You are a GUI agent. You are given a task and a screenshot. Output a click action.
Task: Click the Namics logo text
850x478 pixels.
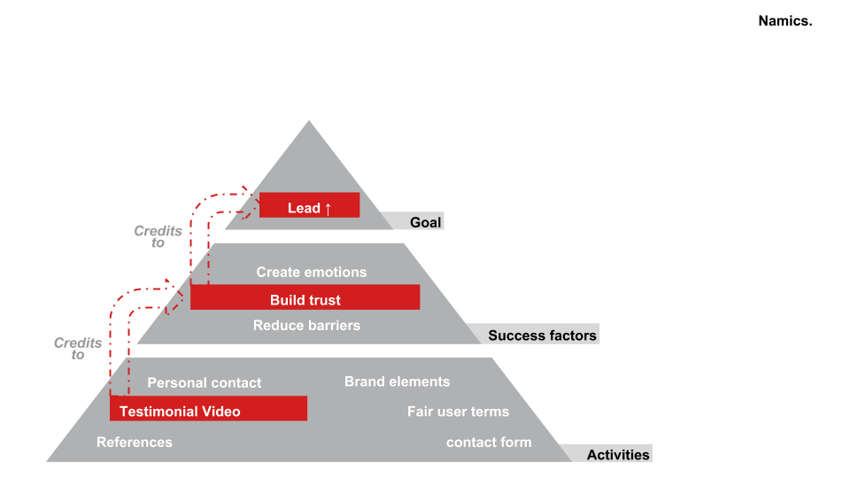click(785, 21)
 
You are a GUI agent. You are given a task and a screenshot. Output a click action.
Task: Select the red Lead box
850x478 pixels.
click(309, 205)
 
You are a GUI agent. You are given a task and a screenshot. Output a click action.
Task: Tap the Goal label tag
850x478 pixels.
click(425, 222)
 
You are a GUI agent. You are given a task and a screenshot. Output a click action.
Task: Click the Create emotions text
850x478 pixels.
click(311, 272)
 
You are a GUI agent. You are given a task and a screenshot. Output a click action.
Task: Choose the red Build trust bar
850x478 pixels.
click(305, 297)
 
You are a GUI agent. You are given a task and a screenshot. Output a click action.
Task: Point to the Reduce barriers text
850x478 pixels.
click(306, 325)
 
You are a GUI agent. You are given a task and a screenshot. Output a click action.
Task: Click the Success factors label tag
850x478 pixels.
click(542, 335)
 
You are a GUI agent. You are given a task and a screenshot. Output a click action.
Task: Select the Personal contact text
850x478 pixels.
click(204, 383)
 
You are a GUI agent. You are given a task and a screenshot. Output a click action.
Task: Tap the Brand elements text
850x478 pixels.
click(397, 382)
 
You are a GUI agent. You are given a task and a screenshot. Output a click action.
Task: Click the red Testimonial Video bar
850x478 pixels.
click(208, 409)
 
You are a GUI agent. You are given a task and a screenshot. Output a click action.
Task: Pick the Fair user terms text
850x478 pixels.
click(458, 412)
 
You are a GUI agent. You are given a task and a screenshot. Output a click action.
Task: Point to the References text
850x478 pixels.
click(135, 443)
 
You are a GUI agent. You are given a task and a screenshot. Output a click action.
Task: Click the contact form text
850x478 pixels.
click(489, 442)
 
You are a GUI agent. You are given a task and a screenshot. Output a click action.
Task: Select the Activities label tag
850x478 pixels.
click(618, 455)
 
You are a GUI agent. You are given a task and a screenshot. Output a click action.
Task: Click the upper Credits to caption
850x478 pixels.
click(158, 236)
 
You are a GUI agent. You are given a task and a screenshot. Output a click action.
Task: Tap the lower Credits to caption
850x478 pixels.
click(78, 349)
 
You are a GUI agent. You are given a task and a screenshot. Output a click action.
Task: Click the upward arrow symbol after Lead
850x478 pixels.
click(328, 209)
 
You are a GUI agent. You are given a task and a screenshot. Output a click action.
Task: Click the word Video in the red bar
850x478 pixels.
click(220, 411)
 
